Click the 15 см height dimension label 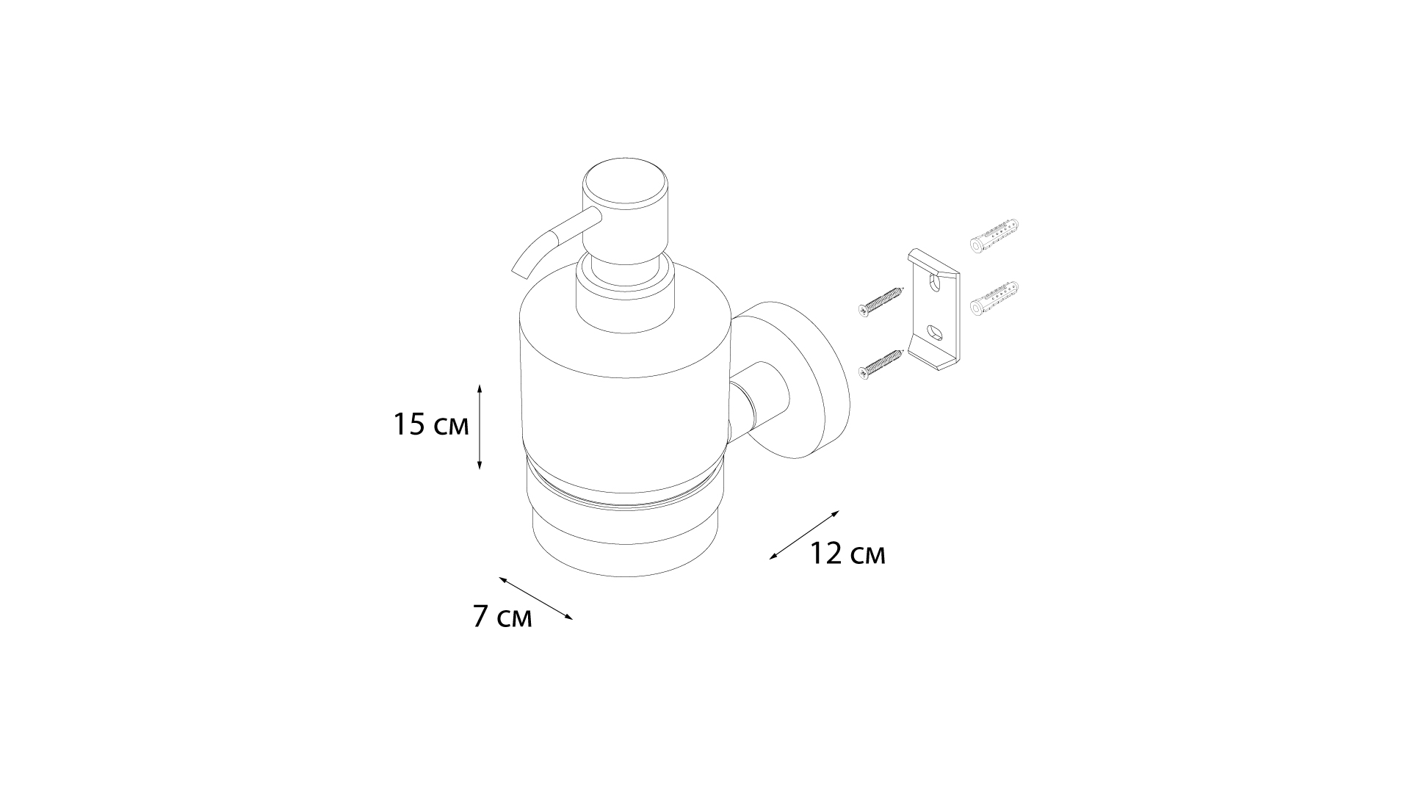(430, 425)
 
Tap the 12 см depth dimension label (847, 554)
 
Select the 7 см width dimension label (502, 617)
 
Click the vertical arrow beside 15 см (480, 427)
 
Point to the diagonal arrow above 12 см (804, 535)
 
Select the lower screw (879, 363)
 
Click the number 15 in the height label (410, 425)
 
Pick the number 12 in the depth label (826, 554)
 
